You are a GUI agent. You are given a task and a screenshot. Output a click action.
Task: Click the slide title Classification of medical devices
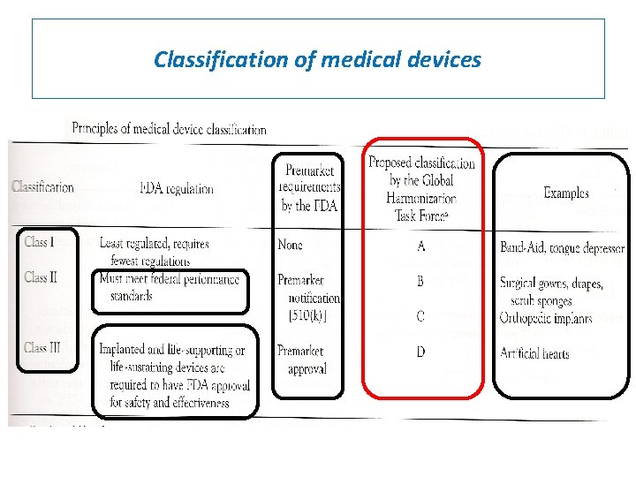317,59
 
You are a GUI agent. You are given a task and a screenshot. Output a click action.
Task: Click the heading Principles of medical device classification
169,129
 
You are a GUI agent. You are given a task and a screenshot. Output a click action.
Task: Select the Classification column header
42,187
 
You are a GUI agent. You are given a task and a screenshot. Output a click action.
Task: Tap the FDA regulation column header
177,188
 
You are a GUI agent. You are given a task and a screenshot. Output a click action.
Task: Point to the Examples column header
566,193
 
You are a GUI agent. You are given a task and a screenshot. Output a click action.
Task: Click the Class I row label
40,242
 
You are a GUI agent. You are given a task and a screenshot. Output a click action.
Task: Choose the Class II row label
42,277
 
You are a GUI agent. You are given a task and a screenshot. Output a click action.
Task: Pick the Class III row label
43,348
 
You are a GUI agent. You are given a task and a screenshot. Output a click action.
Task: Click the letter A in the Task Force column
421,246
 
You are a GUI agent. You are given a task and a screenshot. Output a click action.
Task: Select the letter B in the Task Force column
421,281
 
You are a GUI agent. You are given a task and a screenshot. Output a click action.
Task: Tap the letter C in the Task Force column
421,316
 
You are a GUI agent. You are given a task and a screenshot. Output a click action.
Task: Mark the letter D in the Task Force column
421,352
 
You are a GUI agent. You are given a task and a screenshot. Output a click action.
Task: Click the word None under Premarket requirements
290,245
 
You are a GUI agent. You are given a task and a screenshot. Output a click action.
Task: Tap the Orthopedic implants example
545,318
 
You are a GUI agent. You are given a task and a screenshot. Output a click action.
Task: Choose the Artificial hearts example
534,354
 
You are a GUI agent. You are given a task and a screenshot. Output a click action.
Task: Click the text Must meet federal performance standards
170,287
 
